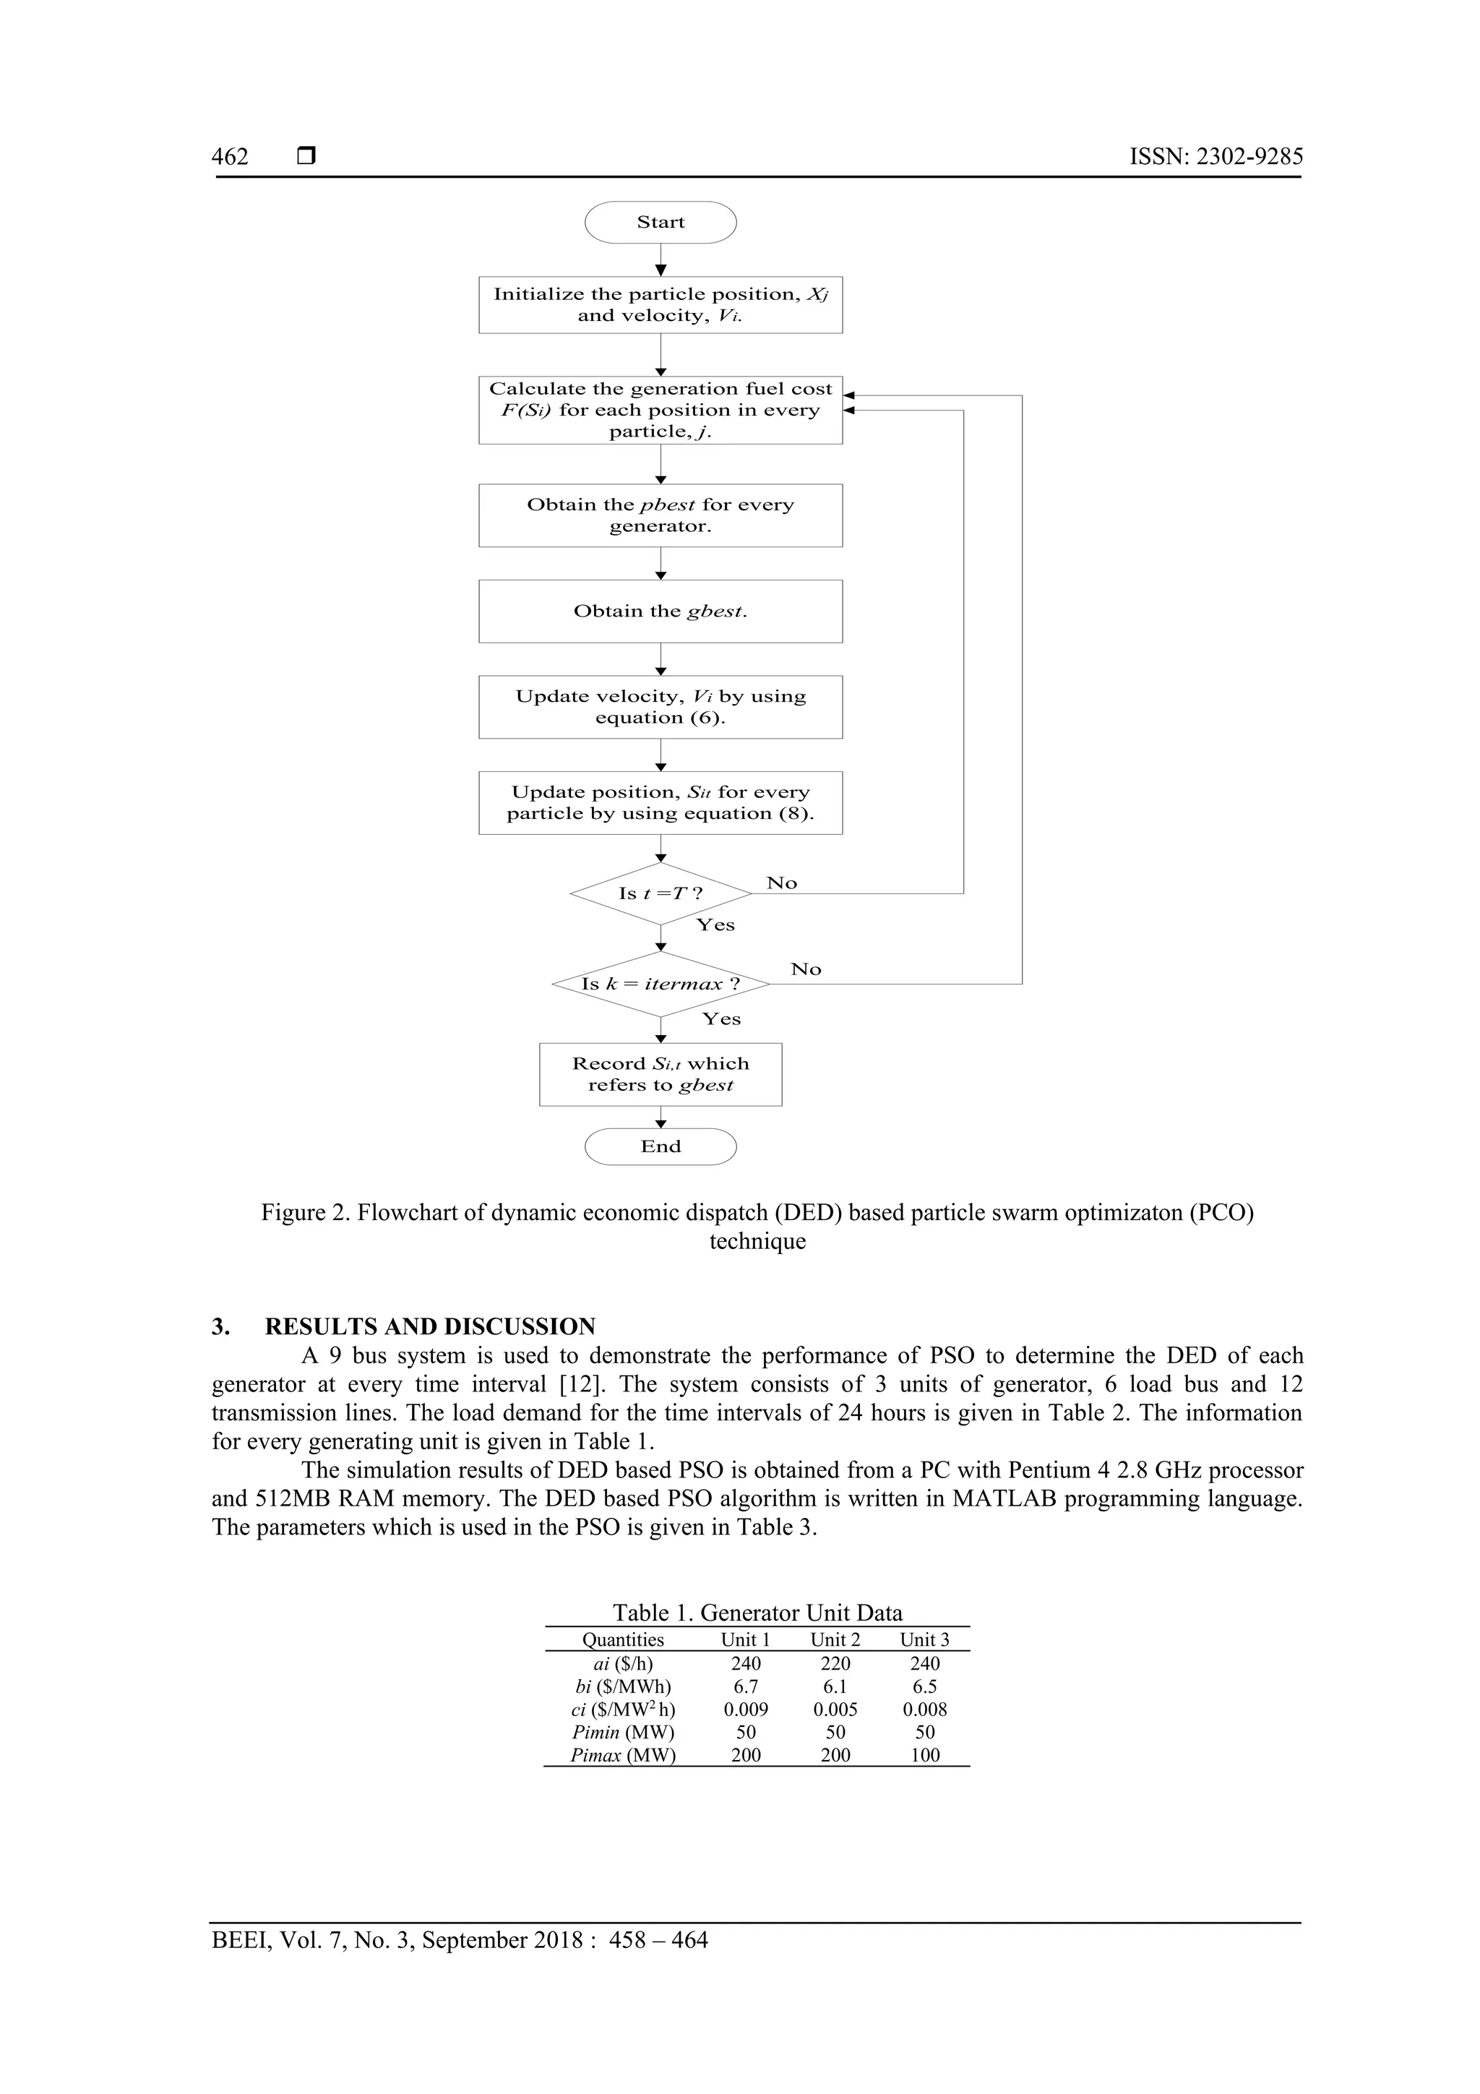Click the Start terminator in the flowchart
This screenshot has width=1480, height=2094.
[x=661, y=223]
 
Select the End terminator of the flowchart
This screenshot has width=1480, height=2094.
[x=661, y=1146]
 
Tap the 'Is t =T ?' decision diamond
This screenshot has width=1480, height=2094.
[x=661, y=893]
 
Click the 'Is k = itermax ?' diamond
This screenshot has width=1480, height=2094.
[x=661, y=984]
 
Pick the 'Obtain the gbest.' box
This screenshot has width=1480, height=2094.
[x=661, y=611]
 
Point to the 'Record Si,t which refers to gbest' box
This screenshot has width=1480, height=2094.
[x=661, y=1074]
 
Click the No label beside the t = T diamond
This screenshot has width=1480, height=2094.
[x=781, y=883]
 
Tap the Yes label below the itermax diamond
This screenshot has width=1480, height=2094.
[x=721, y=1018]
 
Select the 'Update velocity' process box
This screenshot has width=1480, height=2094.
[x=661, y=707]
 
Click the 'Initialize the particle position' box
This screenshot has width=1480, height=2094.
[x=661, y=304]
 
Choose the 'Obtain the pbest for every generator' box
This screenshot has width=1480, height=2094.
[x=661, y=515]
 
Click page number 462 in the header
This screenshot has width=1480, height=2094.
[x=230, y=157]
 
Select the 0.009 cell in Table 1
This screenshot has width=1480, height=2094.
[x=746, y=1710]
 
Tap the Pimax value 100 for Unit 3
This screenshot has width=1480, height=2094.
[x=925, y=1756]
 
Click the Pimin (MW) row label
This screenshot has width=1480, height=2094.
[x=623, y=1733]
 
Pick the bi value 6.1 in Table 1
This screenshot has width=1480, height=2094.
[x=835, y=1687]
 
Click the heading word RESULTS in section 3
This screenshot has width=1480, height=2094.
[x=322, y=1327]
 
